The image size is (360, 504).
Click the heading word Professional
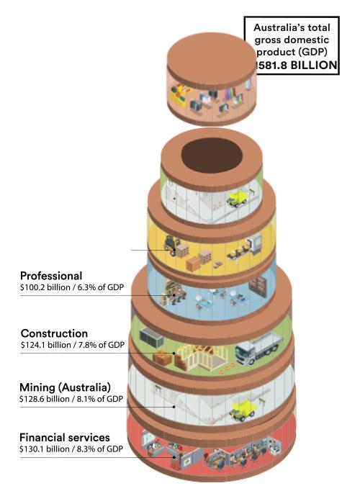point(51,276)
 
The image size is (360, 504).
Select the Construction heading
point(54,333)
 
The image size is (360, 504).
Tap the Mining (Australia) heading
point(65,387)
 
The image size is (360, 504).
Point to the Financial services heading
point(65,438)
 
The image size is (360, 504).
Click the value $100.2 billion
point(45,287)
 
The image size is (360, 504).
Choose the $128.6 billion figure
point(45,399)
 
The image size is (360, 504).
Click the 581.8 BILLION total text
point(296,66)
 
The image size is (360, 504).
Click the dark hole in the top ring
point(212,156)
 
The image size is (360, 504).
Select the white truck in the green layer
point(259,348)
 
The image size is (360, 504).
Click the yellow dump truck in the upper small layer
point(237,198)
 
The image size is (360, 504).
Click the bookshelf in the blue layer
point(258,287)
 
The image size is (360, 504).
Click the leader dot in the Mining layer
point(174,407)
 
